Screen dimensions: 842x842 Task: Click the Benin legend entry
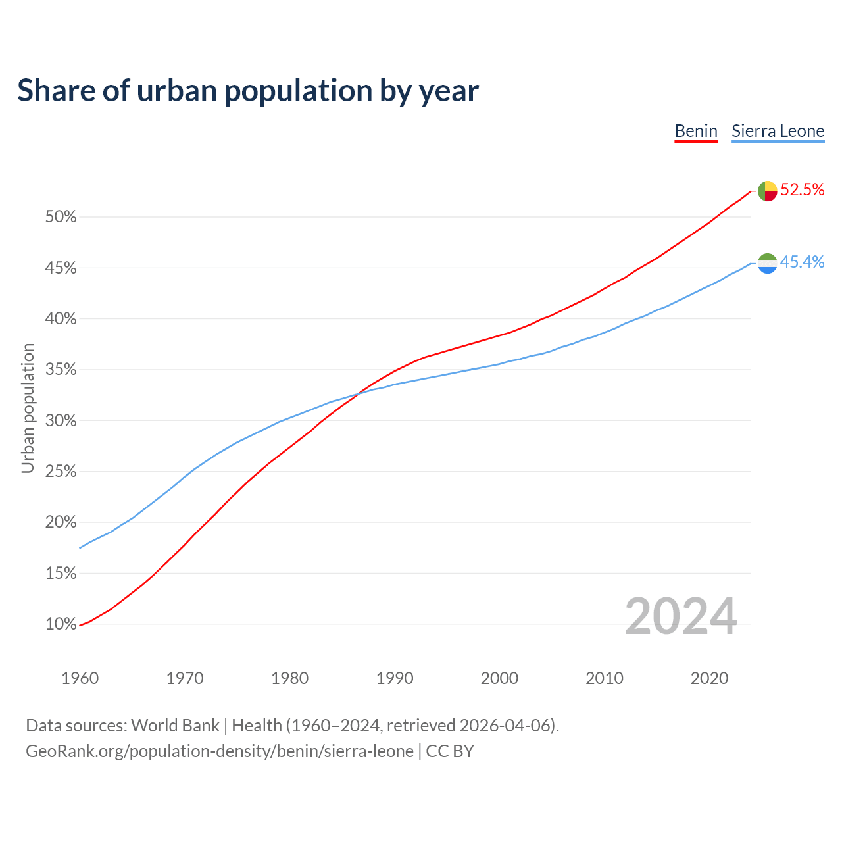point(696,131)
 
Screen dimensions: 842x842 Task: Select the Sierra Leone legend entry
point(778,131)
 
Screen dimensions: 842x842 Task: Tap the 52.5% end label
point(802,190)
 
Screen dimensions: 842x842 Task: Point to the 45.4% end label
point(802,262)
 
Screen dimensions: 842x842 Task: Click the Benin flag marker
point(768,191)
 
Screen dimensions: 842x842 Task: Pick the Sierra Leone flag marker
point(768,263)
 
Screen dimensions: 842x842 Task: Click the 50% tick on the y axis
point(61,217)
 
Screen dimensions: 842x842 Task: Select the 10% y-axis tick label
point(61,624)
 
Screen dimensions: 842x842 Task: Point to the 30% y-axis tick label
point(61,420)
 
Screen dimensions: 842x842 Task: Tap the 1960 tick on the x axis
point(80,678)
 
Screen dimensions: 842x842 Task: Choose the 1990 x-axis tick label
point(395,678)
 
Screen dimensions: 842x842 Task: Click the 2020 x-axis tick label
point(709,678)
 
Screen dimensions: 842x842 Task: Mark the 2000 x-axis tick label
point(499,678)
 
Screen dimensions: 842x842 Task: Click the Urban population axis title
point(28,408)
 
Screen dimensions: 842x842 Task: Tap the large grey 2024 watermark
point(680,616)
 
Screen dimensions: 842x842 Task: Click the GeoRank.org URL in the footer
point(220,751)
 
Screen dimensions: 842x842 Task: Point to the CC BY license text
point(450,751)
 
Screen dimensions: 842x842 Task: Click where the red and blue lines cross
point(357,394)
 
